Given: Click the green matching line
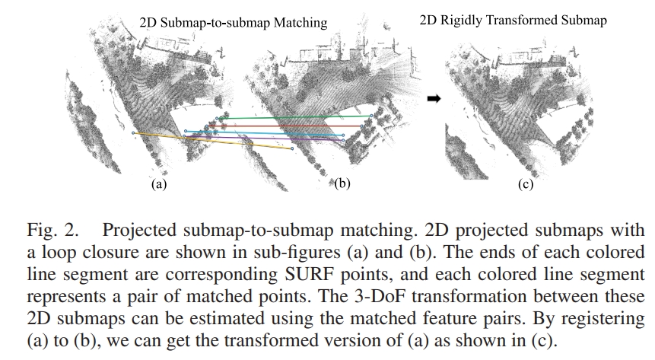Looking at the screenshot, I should click(297, 117).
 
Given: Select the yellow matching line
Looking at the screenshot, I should click(213, 141).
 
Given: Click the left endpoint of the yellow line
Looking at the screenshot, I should click(133, 133).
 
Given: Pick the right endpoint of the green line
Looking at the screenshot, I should click(371, 116).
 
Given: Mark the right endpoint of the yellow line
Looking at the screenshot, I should click(293, 149).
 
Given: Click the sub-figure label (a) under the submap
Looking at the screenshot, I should click(159, 184).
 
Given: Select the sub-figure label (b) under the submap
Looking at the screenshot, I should click(342, 184).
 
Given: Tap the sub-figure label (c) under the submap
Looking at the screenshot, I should click(526, 184).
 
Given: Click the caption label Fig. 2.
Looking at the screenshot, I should click(50, 231).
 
